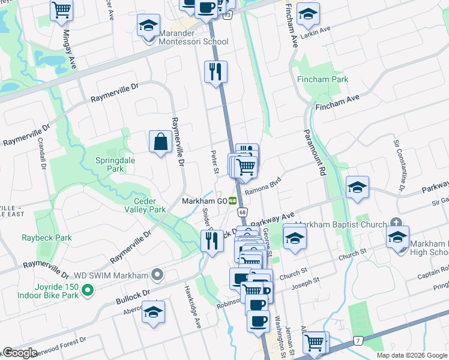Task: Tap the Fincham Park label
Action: pos(322,79)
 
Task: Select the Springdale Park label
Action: pos(110,165)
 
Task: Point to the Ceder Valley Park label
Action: pos(145,205)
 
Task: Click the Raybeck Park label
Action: pos(47,238)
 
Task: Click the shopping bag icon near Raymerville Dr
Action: pos(160,142)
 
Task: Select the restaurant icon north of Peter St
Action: pos(215,72)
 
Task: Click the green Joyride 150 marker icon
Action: pos(88,291)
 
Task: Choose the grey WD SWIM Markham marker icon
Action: pos(157,275)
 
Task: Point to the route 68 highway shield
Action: pos(243,212)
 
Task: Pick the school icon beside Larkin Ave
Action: pos(308,14)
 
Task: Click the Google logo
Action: pos(20,353)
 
